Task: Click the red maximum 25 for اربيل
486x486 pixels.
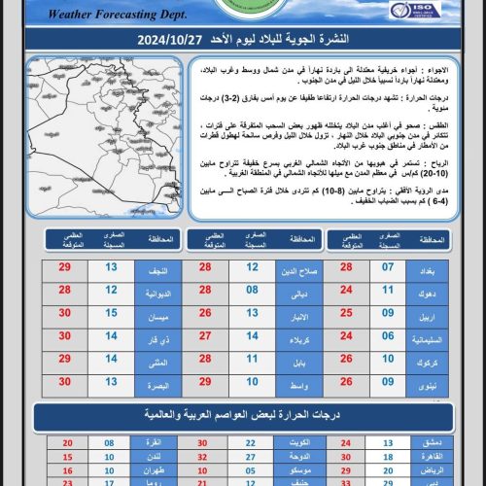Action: [346, 313]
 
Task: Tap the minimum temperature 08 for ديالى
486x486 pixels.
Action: [250, 290]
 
